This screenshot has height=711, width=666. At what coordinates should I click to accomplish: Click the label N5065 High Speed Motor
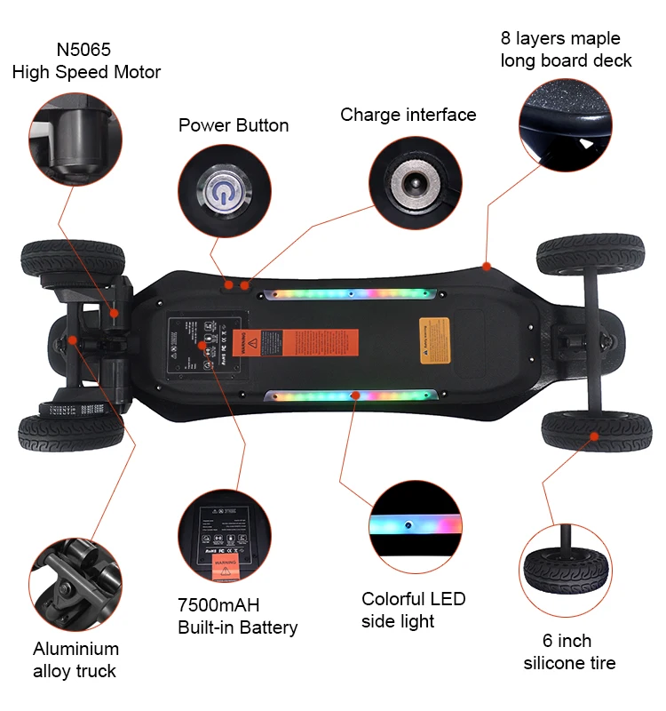click(86, 60)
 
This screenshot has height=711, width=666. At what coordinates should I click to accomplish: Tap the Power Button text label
click(234, 125)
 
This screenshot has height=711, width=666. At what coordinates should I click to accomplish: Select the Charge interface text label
click(408, 115)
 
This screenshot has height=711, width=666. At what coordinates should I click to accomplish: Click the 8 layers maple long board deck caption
click(566, 50)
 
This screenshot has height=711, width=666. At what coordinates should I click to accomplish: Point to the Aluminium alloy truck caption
click(75, 659)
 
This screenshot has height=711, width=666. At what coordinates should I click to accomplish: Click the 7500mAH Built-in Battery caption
click(237, 617)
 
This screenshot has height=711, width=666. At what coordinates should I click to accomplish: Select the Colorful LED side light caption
click(413, 610)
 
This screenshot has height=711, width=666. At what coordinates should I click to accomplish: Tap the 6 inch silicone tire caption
click(569, 651)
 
